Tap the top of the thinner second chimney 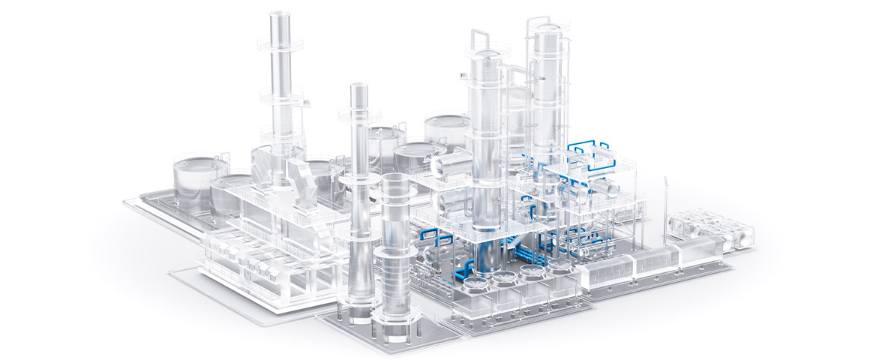click(359, 88)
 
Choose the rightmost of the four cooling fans click(558, 265)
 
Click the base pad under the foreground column click(390, 330)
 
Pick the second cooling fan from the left click(504, 278)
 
